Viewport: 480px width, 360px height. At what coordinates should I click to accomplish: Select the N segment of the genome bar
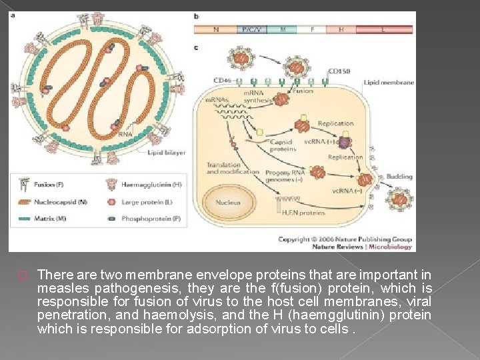[x=215, y=29]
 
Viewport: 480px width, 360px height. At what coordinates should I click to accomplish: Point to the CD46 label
[x=222, y=81]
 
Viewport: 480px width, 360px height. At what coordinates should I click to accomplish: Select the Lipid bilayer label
[x=167, y=153]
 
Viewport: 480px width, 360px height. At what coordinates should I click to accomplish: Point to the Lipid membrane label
[x=389, y=83]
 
